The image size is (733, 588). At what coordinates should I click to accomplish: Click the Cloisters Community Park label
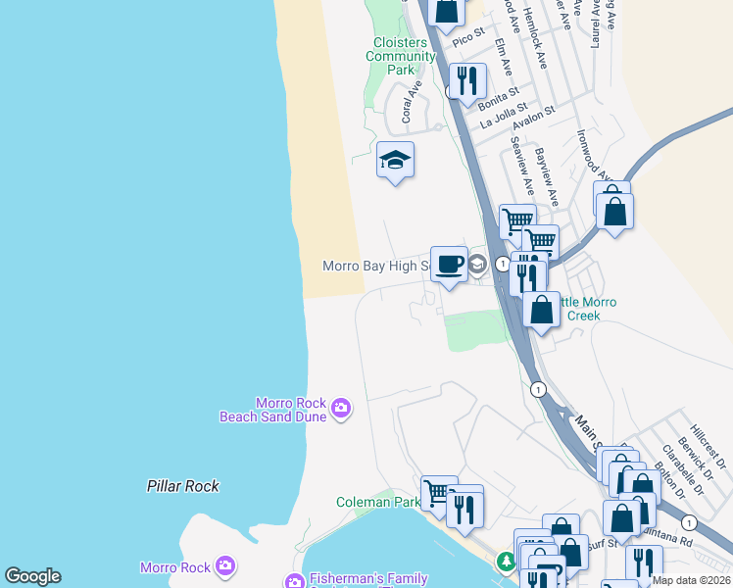click(400, 56)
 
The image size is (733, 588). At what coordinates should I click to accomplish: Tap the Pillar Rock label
click(183, 486)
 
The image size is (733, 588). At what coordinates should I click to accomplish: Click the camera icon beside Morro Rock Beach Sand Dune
click(341, 408)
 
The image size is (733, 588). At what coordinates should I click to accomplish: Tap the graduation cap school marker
click(395, 160)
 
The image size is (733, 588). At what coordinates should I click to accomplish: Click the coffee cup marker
click(449, 264)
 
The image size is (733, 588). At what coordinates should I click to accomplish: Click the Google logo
click(32, 576)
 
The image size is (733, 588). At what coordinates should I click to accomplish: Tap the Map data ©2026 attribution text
click(692, 580)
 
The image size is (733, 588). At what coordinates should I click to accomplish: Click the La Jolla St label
click(503, 117)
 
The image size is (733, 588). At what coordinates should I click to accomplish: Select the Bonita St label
click(498, 95)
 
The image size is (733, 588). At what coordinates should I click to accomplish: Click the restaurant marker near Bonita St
click(467, 81)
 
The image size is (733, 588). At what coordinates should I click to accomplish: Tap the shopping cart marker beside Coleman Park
click(438, 492)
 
